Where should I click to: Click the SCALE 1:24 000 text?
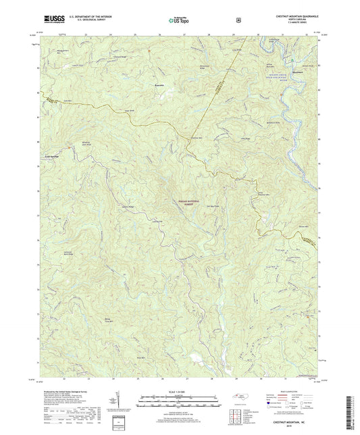click(x=179, y=393)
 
